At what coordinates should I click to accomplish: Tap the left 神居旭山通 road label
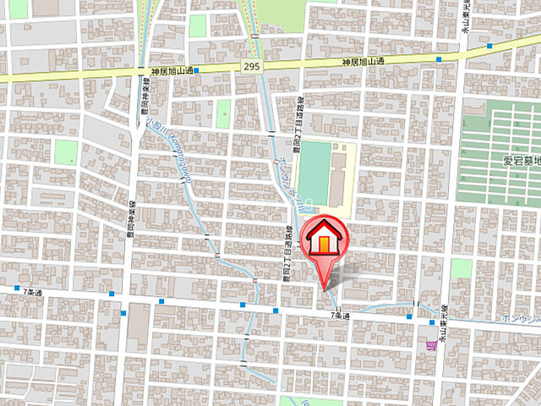pos(173,71)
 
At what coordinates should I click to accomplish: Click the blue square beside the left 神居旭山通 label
pos(196,71)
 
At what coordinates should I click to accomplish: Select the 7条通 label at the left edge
pos(32,291)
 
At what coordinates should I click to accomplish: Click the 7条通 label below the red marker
pos(339,315)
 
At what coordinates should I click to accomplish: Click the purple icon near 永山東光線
pos(432,344)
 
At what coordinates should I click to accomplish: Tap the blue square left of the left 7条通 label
pos(16,290)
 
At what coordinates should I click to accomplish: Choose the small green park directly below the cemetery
pos(461,269)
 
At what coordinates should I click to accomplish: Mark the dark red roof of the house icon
pos(325,228)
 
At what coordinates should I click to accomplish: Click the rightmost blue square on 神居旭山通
pos(489,45)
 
